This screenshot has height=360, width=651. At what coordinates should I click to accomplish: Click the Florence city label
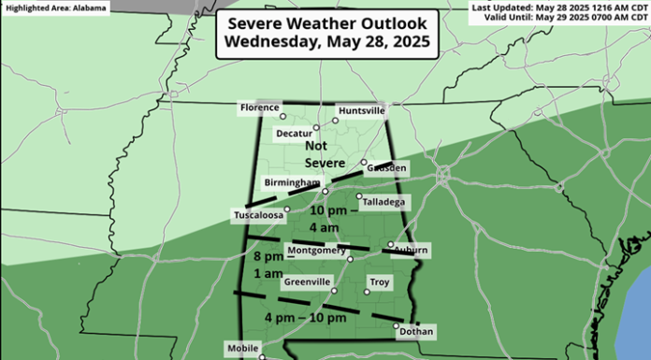[259, 108]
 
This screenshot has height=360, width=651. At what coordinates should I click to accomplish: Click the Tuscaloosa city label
[257, 216]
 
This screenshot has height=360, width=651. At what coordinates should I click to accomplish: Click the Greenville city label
[308, 281]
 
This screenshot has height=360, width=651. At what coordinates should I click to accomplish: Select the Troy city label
[380, 281]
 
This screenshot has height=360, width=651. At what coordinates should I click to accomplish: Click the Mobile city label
[241, 347]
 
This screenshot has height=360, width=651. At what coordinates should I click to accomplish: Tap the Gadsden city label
[387, 167]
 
